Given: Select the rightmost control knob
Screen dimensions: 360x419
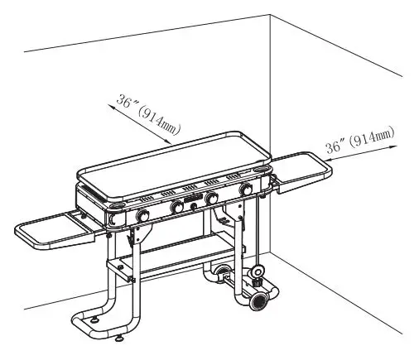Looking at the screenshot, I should point(246,190).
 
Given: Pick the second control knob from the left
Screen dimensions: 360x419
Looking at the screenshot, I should point(177,208).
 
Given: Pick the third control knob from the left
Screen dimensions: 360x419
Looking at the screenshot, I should point(212,199).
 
